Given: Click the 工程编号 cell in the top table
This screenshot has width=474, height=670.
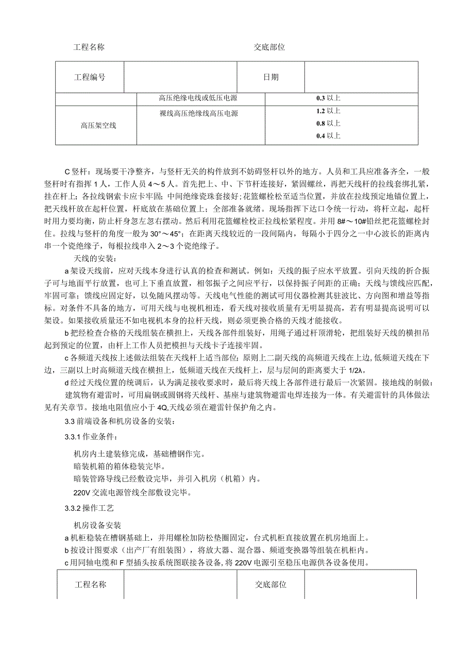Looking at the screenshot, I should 90,77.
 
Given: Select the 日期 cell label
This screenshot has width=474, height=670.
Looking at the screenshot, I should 271,77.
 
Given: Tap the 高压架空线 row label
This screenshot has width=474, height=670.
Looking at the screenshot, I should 98,125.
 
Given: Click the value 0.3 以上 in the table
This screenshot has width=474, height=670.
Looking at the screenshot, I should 328,98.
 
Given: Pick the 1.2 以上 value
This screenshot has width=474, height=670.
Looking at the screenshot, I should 328,111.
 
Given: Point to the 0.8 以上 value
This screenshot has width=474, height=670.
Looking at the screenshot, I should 328,123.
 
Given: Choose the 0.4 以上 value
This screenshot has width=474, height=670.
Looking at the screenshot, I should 328,136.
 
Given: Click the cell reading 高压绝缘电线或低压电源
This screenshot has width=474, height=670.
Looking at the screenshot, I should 198,98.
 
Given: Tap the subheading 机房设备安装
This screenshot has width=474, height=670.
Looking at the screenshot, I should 97,525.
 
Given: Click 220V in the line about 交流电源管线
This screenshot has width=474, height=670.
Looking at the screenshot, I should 82,492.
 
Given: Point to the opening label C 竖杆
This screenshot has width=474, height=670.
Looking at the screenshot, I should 78,171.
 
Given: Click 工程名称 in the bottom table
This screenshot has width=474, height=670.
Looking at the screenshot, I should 91,585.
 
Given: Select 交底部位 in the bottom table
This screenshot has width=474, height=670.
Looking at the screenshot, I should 271,585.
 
